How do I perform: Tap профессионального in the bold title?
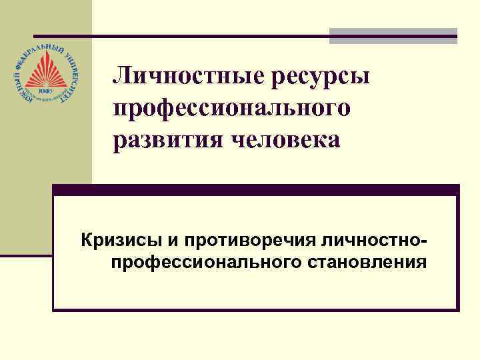point(231,109)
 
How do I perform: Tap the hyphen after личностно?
point(423,239)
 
